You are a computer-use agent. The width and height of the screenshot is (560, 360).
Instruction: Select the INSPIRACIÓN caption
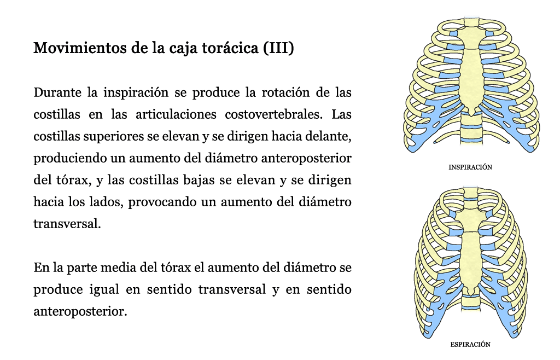470,167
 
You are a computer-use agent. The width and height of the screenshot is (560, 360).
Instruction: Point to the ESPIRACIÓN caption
470,344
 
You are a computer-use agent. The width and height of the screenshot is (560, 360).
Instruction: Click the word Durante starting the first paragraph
57,92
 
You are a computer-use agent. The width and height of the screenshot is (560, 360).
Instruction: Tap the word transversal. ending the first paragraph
67,224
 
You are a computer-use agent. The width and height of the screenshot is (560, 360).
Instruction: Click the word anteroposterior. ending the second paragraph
80,311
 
